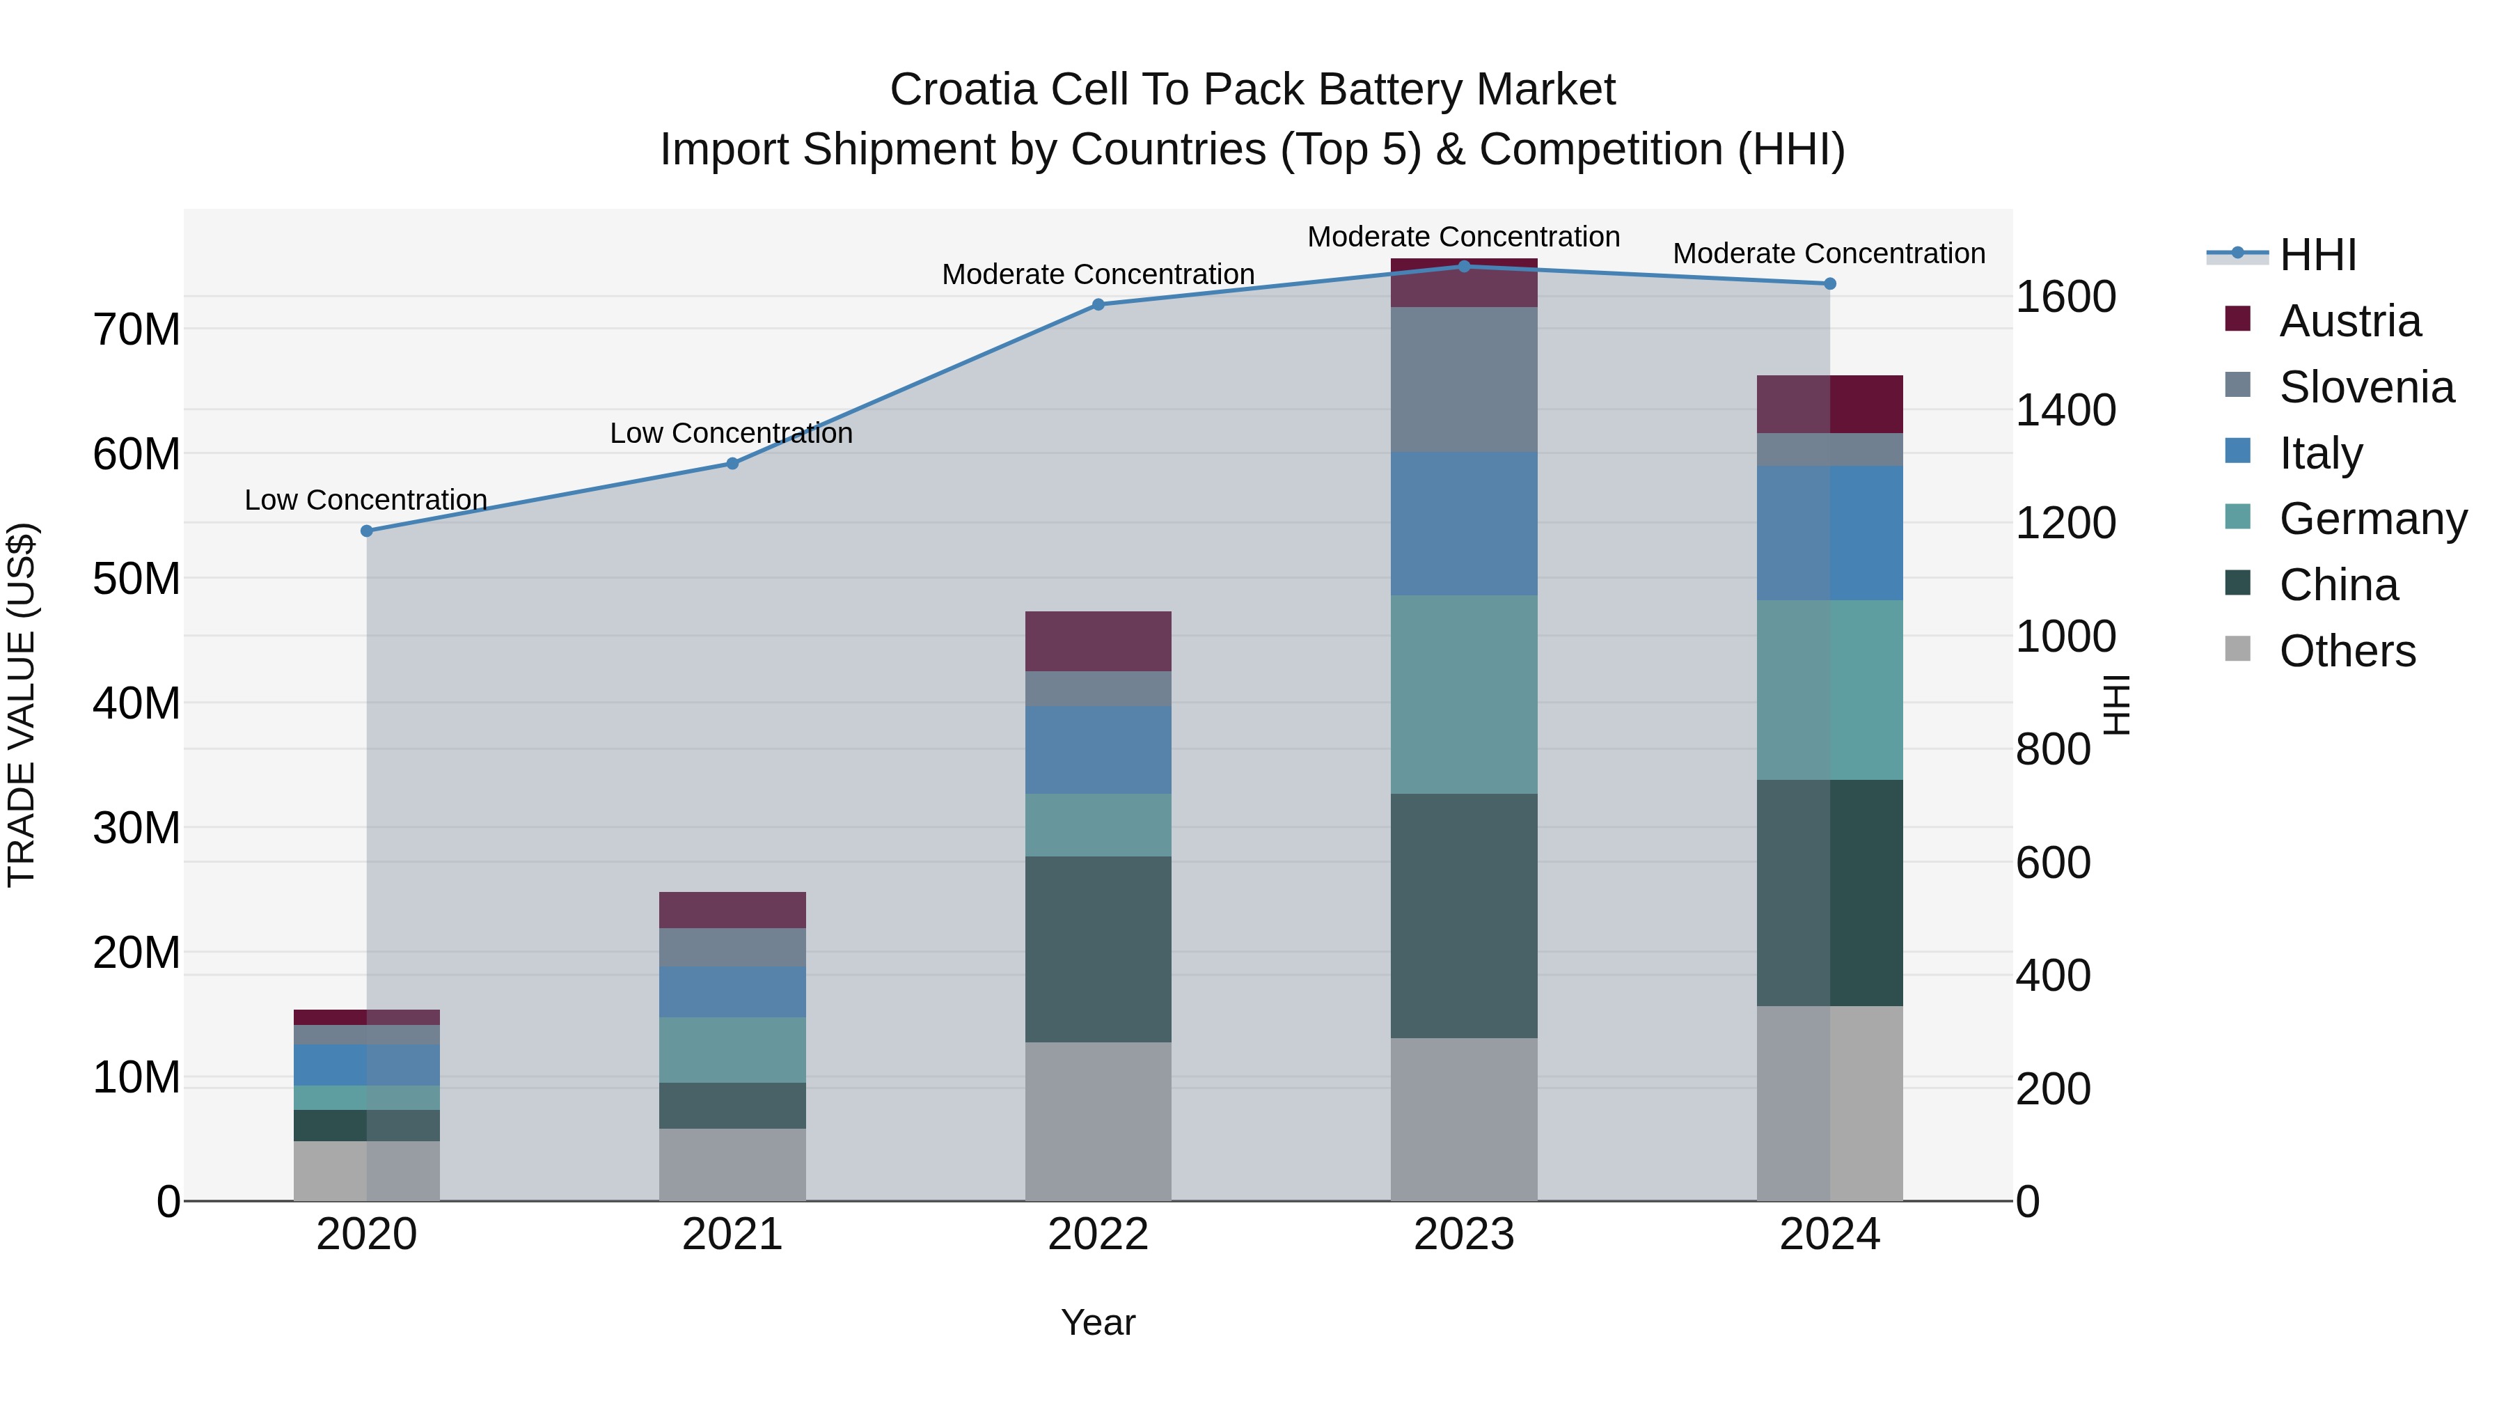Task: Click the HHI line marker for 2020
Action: (x=367, y=531)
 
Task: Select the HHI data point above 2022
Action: (x=1098, y=304)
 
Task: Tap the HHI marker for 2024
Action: (x=1830, y=284)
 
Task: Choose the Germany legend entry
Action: (x=2372, y=519)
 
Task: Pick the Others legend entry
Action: (x=2347, y=651)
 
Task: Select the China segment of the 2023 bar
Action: (x=1464, y=915)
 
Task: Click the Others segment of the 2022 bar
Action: (x=1098, y=1121)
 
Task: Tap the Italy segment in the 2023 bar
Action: (x=1464, y=524)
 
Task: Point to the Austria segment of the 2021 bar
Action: (x=732, y=910)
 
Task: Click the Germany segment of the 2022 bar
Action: (x=1098, y=825)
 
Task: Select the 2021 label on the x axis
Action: (x=732, y=1235)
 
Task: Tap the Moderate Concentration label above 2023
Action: (x=1463, y=237)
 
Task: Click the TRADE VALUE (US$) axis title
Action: (x=22, y=705)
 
